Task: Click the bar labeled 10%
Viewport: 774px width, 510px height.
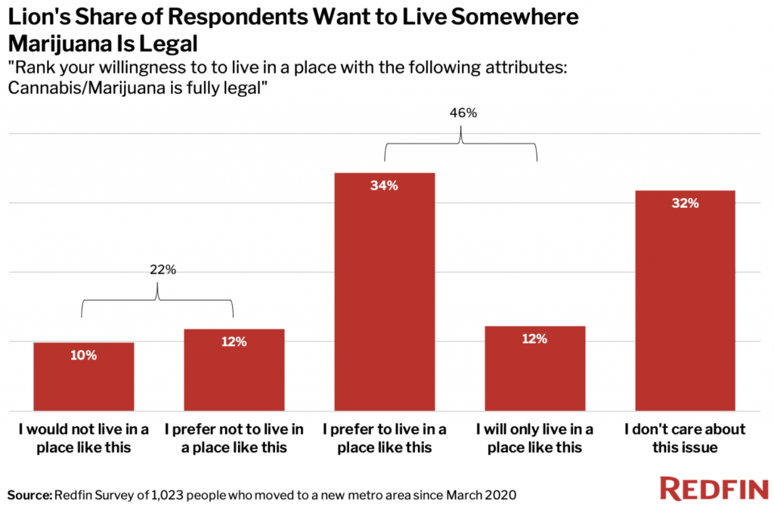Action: tap(83, 376)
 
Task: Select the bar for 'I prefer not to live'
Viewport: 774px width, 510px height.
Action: tap(234, 369)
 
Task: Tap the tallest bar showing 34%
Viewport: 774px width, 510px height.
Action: tap(384, 292)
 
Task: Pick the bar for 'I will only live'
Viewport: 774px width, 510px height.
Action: tap(534, 368)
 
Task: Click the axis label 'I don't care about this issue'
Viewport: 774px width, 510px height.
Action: tap(685, 437)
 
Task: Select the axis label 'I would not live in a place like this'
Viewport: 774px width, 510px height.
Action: tap(83, 437)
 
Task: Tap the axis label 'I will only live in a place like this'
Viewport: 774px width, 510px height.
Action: tap(534, 437)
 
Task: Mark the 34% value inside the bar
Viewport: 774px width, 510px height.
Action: tap(384, 185)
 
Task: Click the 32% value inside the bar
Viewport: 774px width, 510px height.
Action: tap(685, 202)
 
